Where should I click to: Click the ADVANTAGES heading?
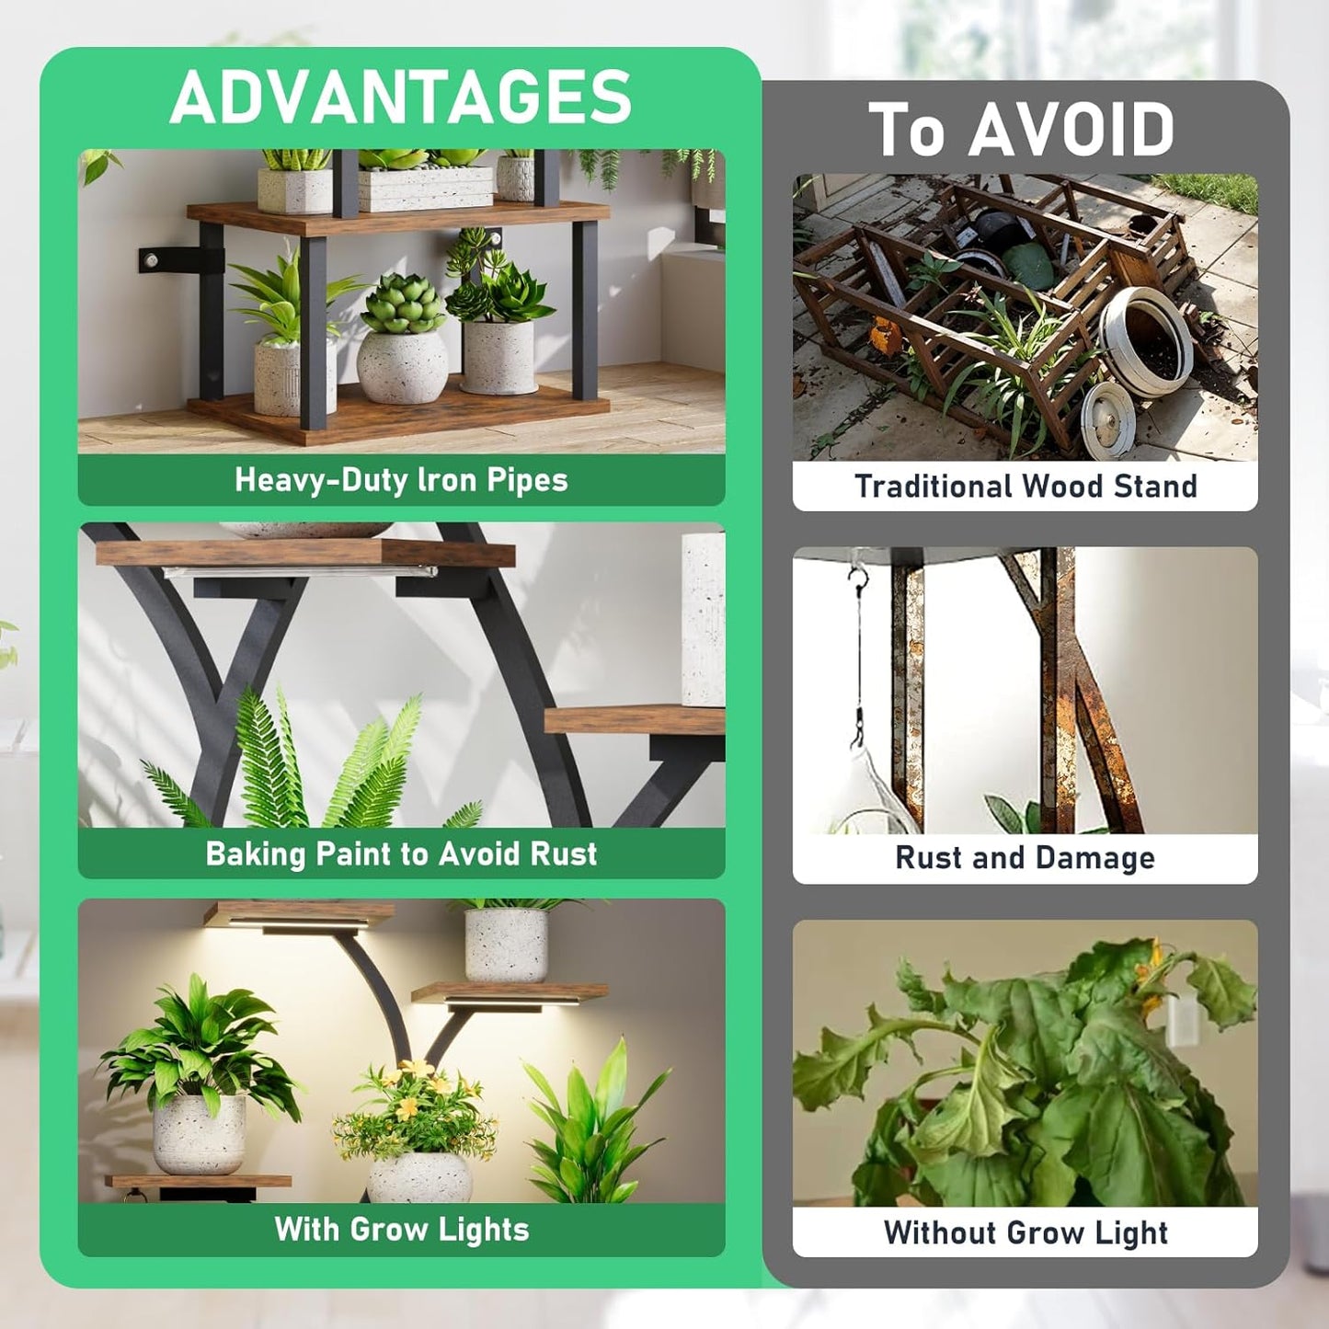tap(401, 97)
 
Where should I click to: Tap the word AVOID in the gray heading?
tap(1071, 130)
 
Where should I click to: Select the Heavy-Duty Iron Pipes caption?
tap(401, 479)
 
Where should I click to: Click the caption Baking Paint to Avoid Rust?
tap(401, 854)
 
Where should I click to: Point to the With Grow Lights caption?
tap(401, 1229)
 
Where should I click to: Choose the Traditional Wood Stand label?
tap(1025, 486)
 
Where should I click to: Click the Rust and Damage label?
tap(1025, 857)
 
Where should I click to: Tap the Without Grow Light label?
tap(1025, 1232)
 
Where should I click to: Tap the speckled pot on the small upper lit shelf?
tap(506, 945)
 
